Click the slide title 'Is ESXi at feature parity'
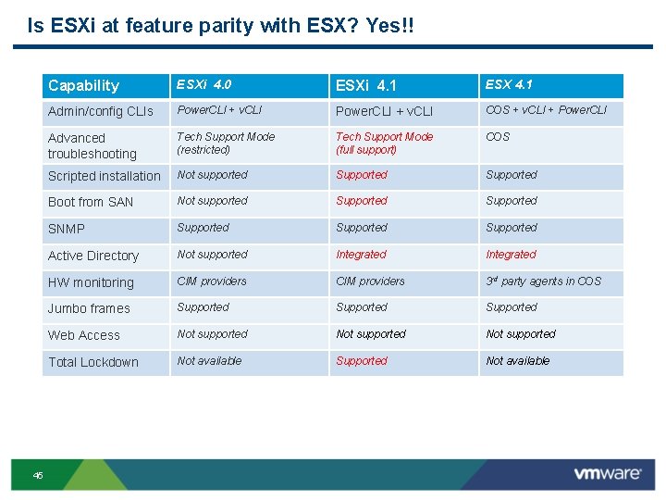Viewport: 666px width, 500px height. click(221, 25)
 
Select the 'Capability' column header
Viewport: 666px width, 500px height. click(83, 86)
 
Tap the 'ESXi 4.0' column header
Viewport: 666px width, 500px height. click(204, 85)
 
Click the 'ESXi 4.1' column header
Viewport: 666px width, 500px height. click(365, 86)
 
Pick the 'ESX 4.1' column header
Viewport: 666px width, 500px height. click(509, 85)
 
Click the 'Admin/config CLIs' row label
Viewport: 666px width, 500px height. click(101, 111)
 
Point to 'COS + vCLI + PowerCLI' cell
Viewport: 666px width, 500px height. click(547, 110)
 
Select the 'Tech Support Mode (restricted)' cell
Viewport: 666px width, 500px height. click(226, 143)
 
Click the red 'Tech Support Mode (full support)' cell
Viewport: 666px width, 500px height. click(384, 143)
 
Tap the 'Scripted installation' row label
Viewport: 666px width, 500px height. click(104, 176)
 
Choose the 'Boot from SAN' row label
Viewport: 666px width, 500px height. click(91, 202)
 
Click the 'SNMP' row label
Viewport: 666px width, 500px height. click(67, 229)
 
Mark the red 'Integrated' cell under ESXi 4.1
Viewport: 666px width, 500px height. click(361, 255)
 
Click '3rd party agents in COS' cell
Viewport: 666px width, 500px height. click(543, 281)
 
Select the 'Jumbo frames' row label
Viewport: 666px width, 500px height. click(89, 308)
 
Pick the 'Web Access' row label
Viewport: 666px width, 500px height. click(84, 335)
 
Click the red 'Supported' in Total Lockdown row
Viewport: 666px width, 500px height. click(362, 361)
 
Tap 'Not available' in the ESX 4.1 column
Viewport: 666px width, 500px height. click(517, 361)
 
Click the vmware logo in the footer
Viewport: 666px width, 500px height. click(607, 474)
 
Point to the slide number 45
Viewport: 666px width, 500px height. click(38, 475)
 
